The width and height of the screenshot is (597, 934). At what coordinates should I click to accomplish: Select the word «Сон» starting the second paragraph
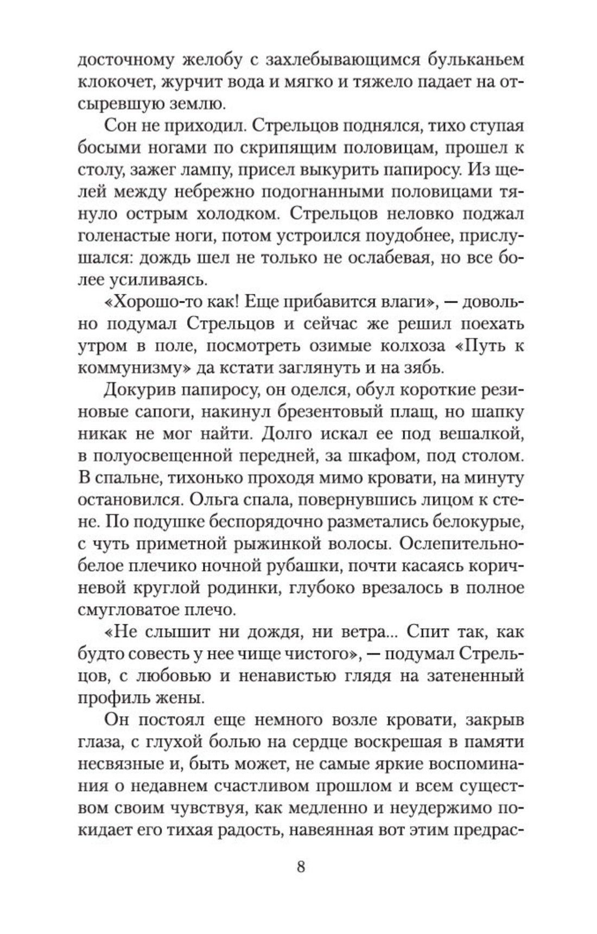pyautogui.click(x=117, y=126)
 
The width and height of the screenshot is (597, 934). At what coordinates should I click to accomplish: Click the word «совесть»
pyautogui.click(x=155, y=654)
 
